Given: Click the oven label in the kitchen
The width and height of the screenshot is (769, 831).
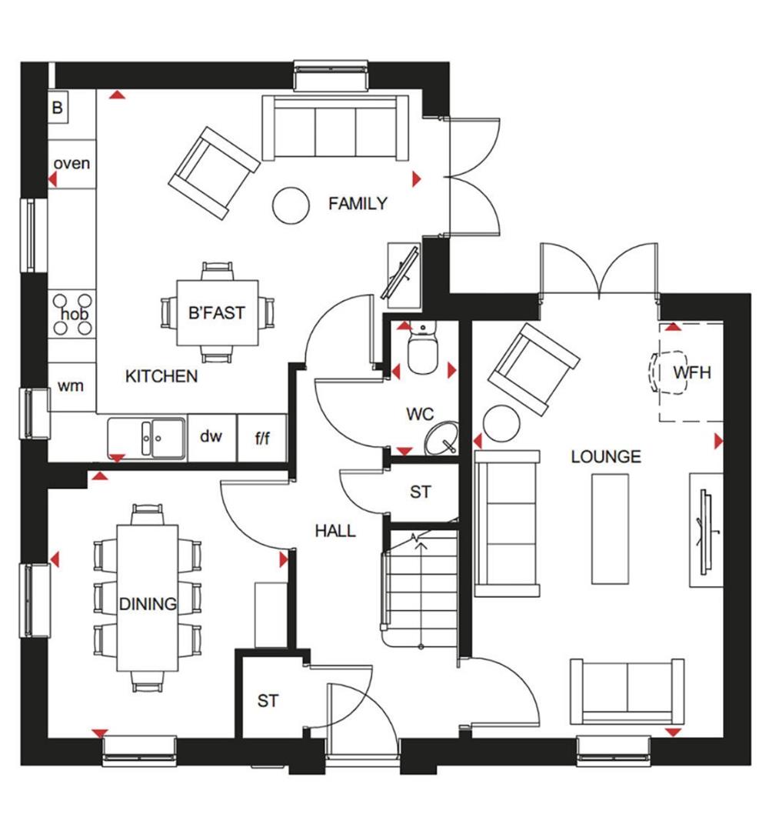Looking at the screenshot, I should [72, 163].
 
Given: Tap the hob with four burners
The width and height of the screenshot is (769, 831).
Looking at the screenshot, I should [74, 315].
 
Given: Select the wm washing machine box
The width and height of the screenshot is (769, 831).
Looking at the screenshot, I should [71, 385].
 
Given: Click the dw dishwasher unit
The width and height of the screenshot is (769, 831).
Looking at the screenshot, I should [211, 437].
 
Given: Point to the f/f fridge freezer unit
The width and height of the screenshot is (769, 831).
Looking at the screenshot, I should [262, 438].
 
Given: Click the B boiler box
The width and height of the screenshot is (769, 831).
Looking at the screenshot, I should [57, 108].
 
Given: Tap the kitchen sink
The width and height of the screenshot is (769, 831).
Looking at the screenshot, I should [146, 439].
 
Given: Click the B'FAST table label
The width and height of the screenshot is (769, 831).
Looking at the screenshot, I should [216, 313].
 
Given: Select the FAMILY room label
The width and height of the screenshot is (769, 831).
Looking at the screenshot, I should [358, 204].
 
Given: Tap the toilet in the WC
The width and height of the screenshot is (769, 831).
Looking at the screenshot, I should [421, 349].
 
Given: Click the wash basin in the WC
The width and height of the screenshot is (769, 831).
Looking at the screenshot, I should [441, 438].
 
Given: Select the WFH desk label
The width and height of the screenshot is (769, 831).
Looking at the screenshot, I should [692, 373].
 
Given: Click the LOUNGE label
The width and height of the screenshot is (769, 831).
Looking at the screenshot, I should [605, 457].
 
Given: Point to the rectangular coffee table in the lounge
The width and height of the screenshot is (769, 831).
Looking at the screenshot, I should [609, 528].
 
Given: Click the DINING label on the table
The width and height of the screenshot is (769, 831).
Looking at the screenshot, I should [148, 604].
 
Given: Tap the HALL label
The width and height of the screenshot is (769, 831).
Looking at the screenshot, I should [335, 531].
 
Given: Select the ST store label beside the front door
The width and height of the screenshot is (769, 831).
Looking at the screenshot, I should [268, 701].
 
